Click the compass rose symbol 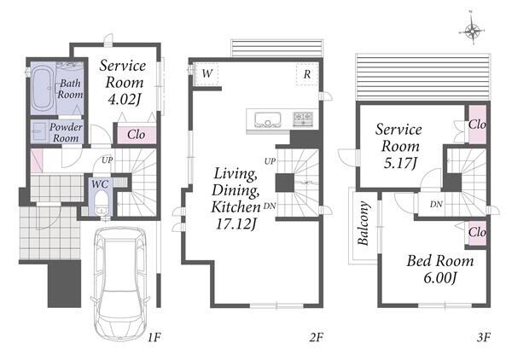pos(472,31)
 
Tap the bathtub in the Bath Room pos(43,88)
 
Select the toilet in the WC pos(102,202)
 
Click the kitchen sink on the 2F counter pos(268,119)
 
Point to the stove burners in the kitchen pos(303,119)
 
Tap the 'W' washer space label pos(207,73)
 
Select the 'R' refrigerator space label pos(307,74)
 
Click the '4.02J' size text pos(124,100)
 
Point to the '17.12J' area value pos(236,224)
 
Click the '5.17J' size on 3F pos(400,163)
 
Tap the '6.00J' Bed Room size pos(439,278)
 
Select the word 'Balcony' pos(364,224)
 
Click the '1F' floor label pos(154,337)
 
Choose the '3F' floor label pos(484,337)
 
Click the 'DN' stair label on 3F pos(436,205)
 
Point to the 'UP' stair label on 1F pos(108,160)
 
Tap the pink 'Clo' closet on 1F pos(137,135)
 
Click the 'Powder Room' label pos(66,132)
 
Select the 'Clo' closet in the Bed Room pos(477,233)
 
